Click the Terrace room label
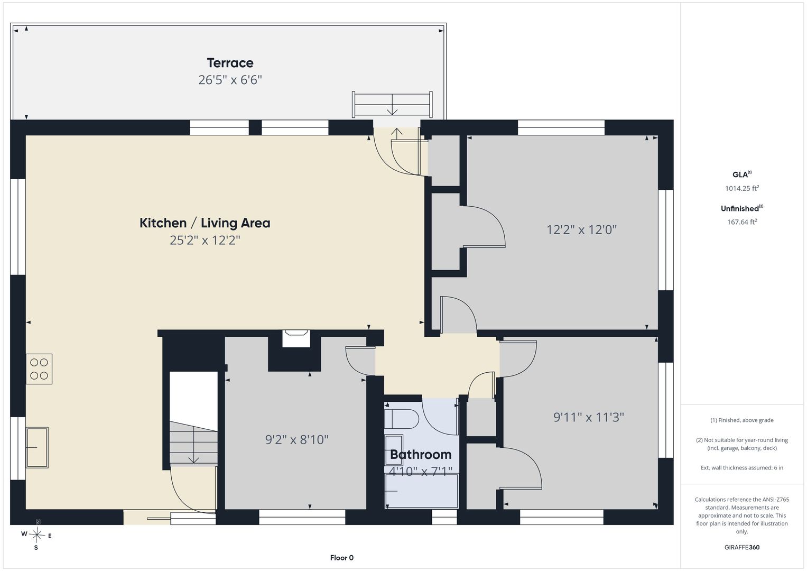coord(230,63)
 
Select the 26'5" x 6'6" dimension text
coord(230,80)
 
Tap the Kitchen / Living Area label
coord(205,223)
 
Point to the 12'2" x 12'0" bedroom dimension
coord(581,229)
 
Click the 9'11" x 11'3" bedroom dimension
coord(589,417)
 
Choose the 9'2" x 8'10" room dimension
coord(297,439)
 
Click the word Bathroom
coord(421,455)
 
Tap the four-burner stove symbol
coord(39,369)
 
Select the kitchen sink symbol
coord(37,447)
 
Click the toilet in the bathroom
coord(401,419)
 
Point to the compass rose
coord(37,535)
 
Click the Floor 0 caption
coord(342,558)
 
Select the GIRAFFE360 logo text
coord(742,547)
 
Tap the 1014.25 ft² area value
coord(742,188)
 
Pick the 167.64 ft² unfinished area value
coord(742,222)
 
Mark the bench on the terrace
coord(392,105)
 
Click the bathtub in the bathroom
coord(422,491)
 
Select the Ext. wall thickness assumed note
coord(742,467)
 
